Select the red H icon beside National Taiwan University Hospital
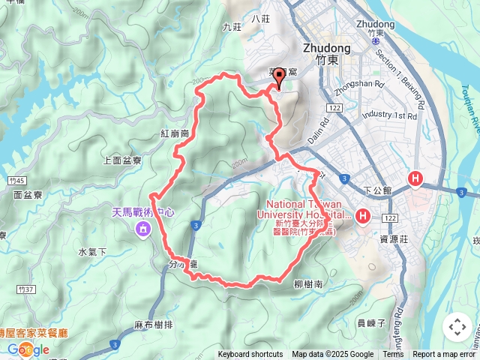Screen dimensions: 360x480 pos(363,217)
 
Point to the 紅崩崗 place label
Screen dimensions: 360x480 pos(174,133)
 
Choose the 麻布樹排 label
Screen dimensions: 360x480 pos(153,325)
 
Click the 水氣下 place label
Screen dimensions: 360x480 pos(93,252)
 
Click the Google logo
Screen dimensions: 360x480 pos(28,349)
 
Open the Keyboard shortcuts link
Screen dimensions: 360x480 pos(250,355)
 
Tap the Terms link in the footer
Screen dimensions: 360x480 pos(393,355)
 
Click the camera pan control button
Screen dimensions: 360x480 pos(457,327)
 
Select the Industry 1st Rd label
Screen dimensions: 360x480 pos(388,116)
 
